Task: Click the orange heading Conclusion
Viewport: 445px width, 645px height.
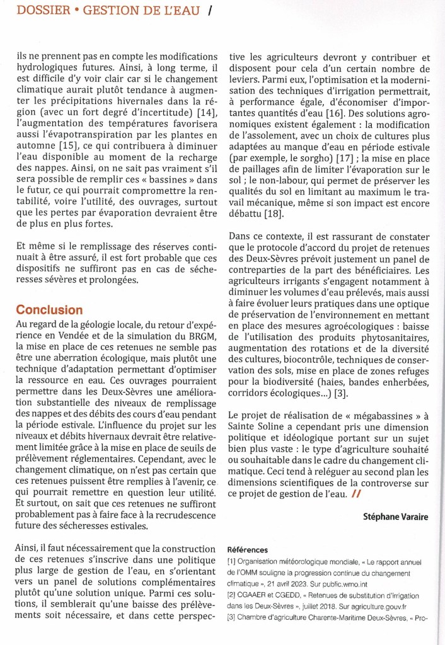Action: [x=49, y=310]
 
